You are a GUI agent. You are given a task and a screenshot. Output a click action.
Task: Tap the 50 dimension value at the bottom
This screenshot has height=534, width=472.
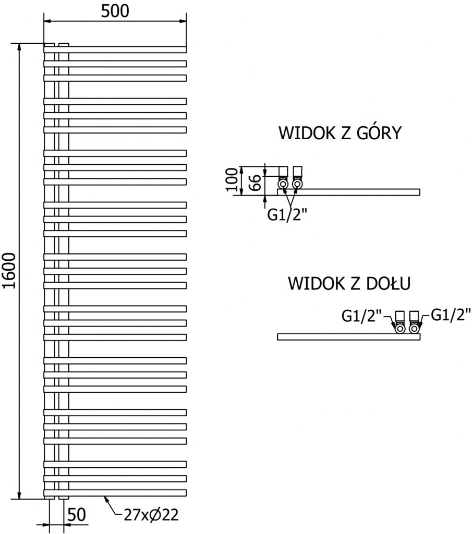(77, 515)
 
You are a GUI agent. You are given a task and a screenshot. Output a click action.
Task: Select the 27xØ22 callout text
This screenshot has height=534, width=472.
(151, 515)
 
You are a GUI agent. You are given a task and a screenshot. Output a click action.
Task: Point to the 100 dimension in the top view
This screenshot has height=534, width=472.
(233, 180)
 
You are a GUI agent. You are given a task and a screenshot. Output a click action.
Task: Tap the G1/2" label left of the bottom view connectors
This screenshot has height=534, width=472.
(362, 315)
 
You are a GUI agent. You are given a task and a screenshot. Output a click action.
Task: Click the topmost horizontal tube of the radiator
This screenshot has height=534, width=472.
(115, 50)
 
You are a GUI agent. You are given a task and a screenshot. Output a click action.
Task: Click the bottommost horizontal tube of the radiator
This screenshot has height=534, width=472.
(115, 492)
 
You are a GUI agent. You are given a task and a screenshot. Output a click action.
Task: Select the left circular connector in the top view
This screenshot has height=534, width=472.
(282, 184)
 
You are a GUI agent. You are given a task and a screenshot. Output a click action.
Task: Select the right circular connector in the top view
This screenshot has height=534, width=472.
(297, 184)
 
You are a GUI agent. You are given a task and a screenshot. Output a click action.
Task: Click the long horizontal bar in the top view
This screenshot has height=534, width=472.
(360, 192)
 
